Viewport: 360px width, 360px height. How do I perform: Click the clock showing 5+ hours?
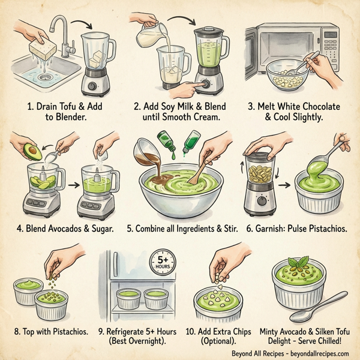(x=166, y=262)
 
